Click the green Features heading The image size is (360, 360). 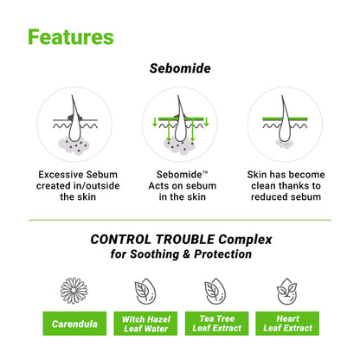click(x=70, y=37)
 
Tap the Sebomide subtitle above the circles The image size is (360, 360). click(x=180, y=67)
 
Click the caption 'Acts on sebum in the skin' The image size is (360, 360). click(x=180, y=185)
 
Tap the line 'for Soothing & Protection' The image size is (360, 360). click(x=180, y=254)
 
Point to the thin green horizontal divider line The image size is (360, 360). click(x=180, y=220)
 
